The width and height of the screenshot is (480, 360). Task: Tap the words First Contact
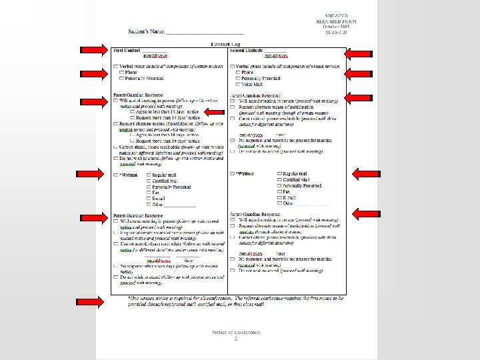(127, 50)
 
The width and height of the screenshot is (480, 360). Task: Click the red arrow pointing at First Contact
(93, 50)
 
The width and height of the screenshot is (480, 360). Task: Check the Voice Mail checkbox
(239, 85)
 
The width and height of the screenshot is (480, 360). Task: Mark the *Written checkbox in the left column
(116, 175)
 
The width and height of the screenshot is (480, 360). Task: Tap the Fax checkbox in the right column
(280, 192)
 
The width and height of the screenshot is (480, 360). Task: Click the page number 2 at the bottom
(235, 339)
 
